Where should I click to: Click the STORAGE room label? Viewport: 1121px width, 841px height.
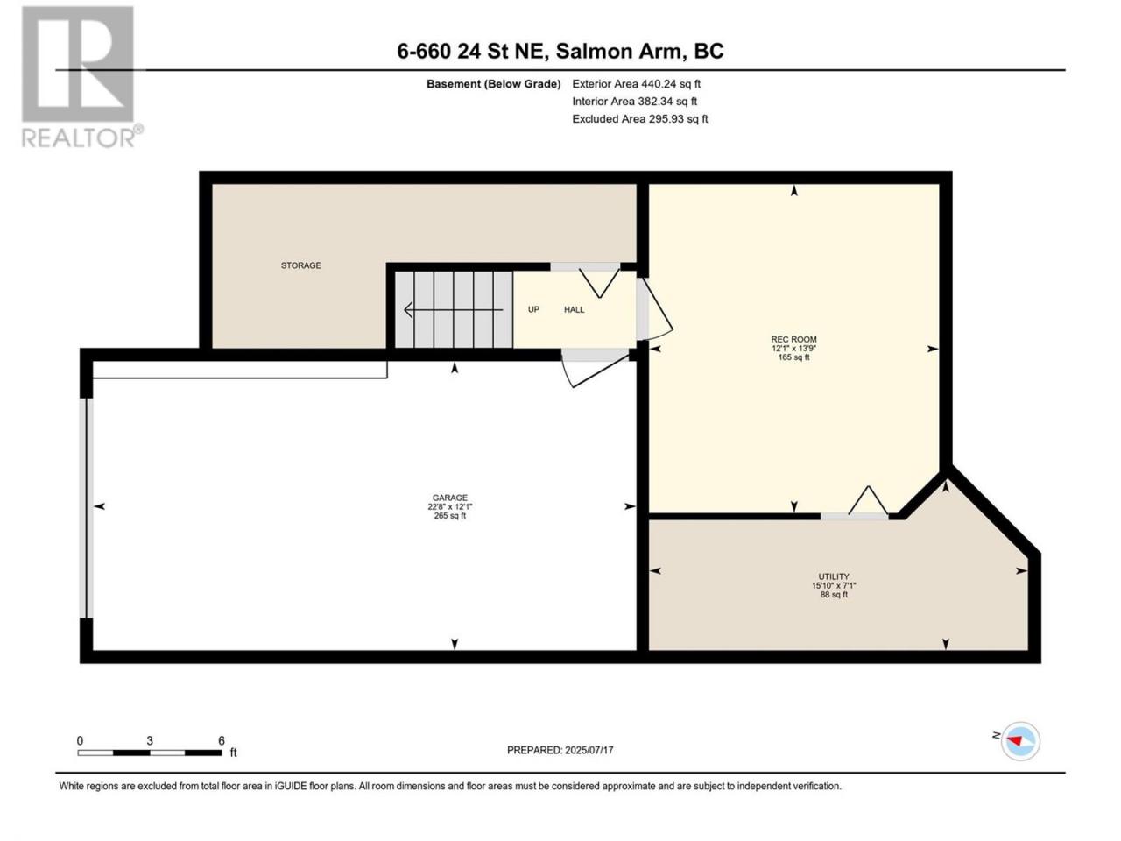click(300, 265)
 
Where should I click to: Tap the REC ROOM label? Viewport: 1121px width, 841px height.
click(793, 340)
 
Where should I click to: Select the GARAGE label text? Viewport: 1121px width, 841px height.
click(450, 498)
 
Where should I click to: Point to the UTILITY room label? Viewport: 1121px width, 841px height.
click(834, 577)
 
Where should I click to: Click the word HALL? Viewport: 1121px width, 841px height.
click(574, 310)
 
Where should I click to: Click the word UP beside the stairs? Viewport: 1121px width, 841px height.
click(533, 310)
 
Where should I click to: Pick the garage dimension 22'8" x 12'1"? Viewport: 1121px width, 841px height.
click(450, 507)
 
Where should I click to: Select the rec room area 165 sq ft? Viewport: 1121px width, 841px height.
click(793, 357)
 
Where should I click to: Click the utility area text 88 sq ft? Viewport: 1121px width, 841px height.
click(834, 595)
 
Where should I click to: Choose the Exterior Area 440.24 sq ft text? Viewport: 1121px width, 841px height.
click(637, 84)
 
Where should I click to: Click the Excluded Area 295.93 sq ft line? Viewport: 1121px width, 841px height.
click(640, 119)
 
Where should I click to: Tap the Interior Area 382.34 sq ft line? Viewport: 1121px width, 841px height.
click(635, 102)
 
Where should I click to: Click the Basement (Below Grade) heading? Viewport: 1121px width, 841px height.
click(494, 84)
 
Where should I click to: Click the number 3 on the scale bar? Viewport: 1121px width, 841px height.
click(150, 740)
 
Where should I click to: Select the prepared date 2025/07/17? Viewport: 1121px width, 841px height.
click(589, 750)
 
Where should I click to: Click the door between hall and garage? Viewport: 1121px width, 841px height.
click(595, 369)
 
